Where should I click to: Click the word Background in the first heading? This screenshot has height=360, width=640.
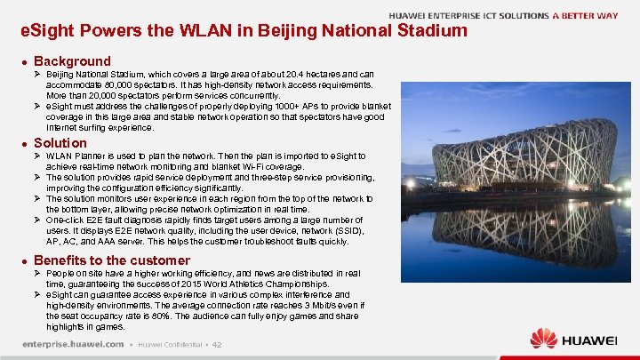72,61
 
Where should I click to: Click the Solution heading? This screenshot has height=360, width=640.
60,143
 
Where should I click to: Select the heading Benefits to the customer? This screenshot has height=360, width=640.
112,260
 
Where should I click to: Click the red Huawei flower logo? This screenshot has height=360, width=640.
543,339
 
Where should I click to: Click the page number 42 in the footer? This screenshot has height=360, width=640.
217,344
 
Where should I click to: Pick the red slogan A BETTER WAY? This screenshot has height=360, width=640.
586,15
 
